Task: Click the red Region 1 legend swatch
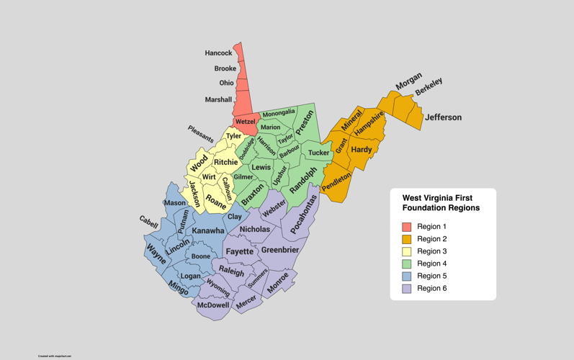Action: [406, 227]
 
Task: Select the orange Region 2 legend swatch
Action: [406, 239]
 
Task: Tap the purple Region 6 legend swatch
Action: [406, 288]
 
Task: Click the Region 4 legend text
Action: [432, 264]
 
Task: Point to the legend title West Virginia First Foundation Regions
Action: [441, 202]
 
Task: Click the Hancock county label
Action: [218, 53]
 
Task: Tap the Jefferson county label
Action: [443, 117]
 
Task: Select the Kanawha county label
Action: [209, 231]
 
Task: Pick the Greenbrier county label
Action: [280, 250]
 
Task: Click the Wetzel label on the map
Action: [246, 122]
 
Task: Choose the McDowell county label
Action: [213, 305]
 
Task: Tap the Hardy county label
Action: [362, 150]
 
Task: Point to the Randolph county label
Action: [303, 180]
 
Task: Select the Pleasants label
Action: [201, 134]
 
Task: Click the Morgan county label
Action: [409, 82]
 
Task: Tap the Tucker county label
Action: [318, 153]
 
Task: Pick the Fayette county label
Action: [240, 251]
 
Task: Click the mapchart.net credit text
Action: [55, 356]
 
